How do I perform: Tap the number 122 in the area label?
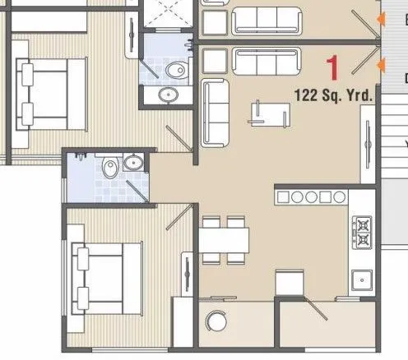coord(308,95)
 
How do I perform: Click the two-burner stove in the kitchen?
coord(362,231)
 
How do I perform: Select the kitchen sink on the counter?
coord(361,279)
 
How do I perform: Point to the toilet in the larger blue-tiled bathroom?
coord(109,168)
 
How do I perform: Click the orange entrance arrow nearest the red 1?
coord(379,64)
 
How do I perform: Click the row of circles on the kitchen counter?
coord(311,197)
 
